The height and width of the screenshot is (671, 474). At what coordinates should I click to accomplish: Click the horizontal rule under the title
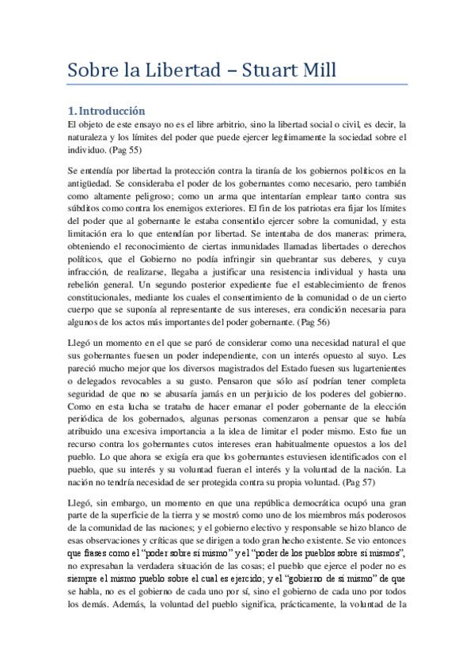point(237,84)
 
